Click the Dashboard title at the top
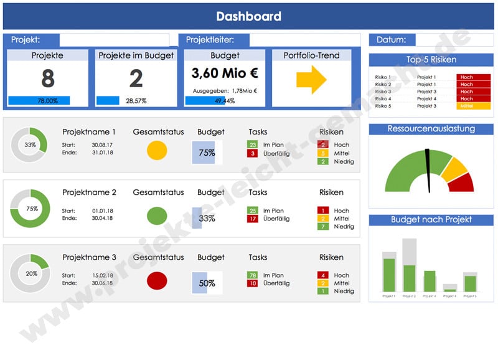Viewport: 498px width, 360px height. [248, 17]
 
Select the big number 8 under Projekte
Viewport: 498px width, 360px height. [47, 78]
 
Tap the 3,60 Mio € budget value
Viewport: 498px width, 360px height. [224, 73]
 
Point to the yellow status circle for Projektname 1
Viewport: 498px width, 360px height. [157, 150]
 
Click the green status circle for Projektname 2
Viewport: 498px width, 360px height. [157, 216]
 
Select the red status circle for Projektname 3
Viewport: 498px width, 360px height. [157, 281]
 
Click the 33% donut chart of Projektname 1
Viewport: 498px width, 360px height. [30, 145]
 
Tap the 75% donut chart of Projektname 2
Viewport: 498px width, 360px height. [30, 209]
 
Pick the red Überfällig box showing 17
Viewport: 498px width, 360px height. [252, 219]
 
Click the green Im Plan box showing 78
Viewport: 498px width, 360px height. [252, 275]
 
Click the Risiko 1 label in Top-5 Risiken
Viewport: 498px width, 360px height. [383, 77]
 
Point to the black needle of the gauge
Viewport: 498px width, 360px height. [428, 168]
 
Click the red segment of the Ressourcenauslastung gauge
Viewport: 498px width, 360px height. [462, 182]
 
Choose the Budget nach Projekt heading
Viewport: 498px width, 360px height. [431, 220]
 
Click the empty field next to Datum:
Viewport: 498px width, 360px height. [454, 40]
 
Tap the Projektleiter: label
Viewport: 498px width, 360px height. [210, 40]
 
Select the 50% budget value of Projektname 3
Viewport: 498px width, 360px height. [207, 283]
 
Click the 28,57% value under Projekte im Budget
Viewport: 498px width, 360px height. [136, 101]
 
